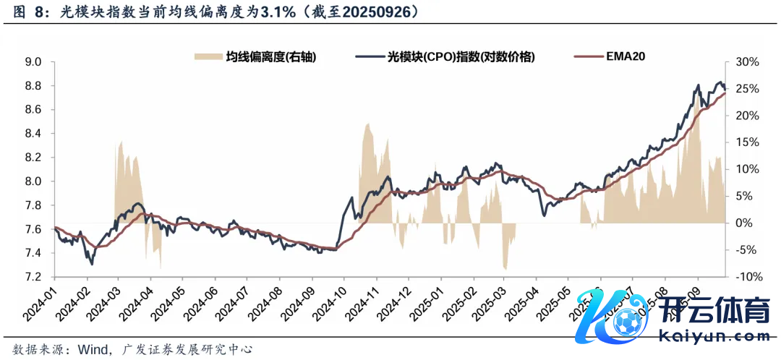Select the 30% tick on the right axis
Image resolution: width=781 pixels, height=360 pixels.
click(747, 62)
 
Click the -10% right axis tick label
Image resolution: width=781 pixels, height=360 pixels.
click(747, 277)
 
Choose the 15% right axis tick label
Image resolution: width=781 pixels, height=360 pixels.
click(747, 142)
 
